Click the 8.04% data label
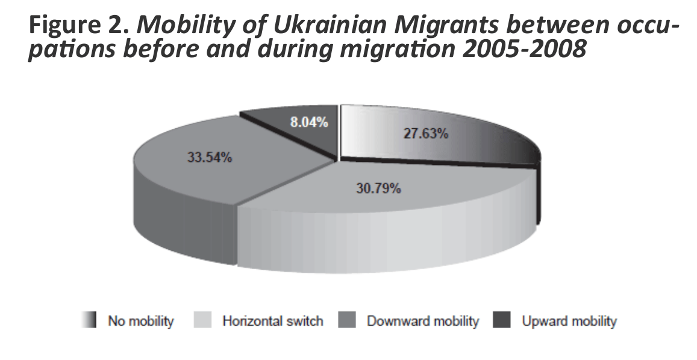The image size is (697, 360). (x=308, y=123)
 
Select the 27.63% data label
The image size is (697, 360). (x=426, y=134)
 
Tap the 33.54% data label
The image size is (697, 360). (x=207, y=159)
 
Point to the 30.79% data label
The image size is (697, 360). (x=378, y=188)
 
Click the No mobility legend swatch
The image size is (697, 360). (x=90, y=321)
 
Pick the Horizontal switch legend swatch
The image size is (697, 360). (x=202, y=321)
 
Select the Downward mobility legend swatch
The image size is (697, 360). (x=348, y=321)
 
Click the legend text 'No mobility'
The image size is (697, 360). (x=140, y=321)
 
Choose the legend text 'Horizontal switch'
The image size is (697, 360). (x=272, y=321)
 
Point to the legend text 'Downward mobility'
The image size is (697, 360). (x=422, y=321)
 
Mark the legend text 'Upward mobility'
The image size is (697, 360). (x=569, y=321)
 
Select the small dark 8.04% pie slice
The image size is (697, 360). (x=289, y=129)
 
